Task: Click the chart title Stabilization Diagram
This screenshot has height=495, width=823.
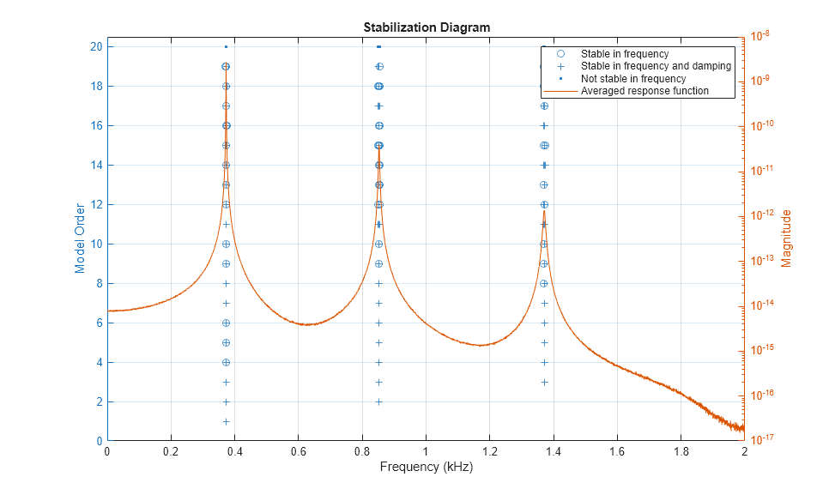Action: (x=426, y=27)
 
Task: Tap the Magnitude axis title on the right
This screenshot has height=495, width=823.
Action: (x=786, y=238)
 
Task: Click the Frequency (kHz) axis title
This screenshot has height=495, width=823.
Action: (x=426, y=468)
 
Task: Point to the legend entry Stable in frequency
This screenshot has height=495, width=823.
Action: (x=624, y=54)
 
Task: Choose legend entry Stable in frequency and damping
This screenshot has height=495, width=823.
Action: (x=656, y=66)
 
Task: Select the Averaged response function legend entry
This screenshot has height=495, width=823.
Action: (x=644, y=90)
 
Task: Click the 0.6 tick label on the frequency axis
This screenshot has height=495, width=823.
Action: (x=298, y=452)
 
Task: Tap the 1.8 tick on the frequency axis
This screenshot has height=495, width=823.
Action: (x=681, y=452)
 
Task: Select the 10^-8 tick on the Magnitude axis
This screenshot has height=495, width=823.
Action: (x=761, y=36)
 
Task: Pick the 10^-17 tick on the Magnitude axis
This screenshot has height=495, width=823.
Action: (x=761, y=439)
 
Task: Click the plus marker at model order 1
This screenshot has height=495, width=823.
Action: (x=226, y=421)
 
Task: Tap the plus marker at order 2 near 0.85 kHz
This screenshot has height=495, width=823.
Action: (x=378, y=401)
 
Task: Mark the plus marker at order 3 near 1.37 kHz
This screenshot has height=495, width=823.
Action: (x=544, y=382)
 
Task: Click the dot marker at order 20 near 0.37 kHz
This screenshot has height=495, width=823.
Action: (x=226, y=46)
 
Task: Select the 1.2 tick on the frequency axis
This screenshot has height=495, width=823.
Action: (x=489, y=452)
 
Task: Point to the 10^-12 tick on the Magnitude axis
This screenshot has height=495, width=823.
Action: (x=761, y=214)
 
